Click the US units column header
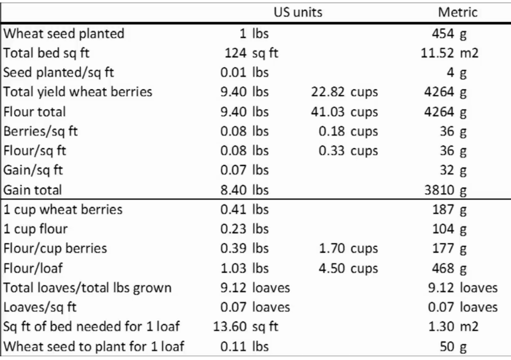pyautogui.click(x=297, y=12)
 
